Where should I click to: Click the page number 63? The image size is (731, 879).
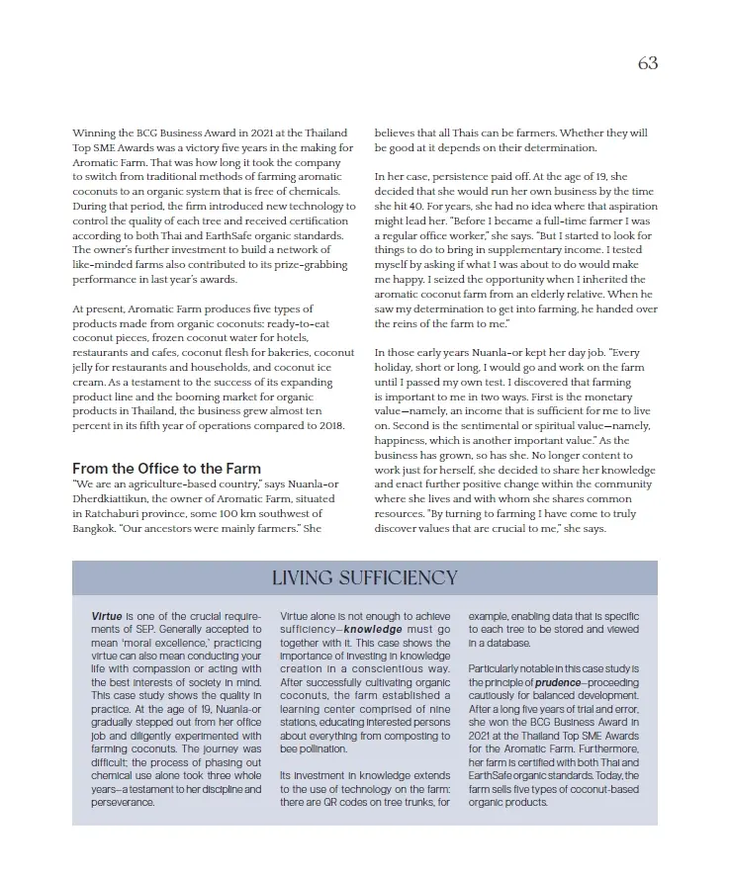pos(648,62)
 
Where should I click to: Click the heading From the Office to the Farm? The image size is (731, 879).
pos(166,468)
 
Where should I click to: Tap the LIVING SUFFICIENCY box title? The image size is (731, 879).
pos(365,577)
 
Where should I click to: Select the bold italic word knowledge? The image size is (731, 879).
pos(373,628)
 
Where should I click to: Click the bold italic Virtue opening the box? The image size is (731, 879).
pos(107,614)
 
